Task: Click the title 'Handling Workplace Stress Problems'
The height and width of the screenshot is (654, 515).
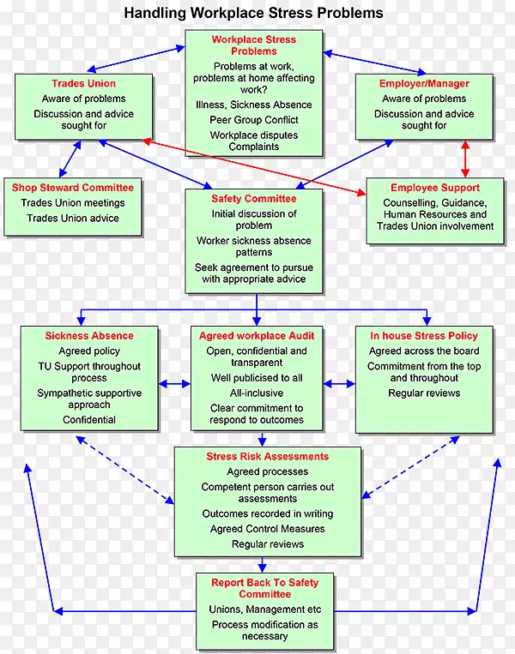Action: pyautogui.click(x=253, y=14)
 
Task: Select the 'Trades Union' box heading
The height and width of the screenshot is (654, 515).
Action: pyautogui.click(x=83, y=84)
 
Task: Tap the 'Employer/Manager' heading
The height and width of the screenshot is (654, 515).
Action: pyautogui.click(x=424, y=84)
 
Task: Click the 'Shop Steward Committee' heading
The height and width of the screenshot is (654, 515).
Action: pyautogui.click(x=73, y=188)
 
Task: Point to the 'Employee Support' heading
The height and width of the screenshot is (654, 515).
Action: pyautogui.click(x=434, y=188)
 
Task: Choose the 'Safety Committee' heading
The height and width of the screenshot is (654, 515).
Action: pyautogui.click(x=254, y=199)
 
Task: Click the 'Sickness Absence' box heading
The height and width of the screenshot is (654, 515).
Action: pyautogui.click(x=89, y=336)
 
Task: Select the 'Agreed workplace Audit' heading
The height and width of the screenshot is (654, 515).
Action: pyautogui.click(x=257, y=336)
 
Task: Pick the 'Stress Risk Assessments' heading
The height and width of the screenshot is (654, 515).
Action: pyautogui.click(x=255, y=457)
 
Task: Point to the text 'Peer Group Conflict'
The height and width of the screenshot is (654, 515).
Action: pyautogui.click(x=254, y=120)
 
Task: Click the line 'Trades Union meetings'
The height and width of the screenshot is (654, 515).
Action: pyautogui.click(x=73, y=203)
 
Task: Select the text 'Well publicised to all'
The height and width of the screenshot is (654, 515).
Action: pyautogui.click(x=257, y=378)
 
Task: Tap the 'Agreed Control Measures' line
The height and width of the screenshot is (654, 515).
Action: pyautogui.click(x=255, y=529)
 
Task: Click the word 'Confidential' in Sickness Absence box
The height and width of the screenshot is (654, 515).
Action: pyautogui.click(x=89, y=420)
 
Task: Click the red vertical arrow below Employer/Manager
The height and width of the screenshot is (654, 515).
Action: pyautogui.click(x=464, y=159)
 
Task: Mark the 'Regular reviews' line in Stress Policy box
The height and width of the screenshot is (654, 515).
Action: pyautogui.click(x=424, y=393)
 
